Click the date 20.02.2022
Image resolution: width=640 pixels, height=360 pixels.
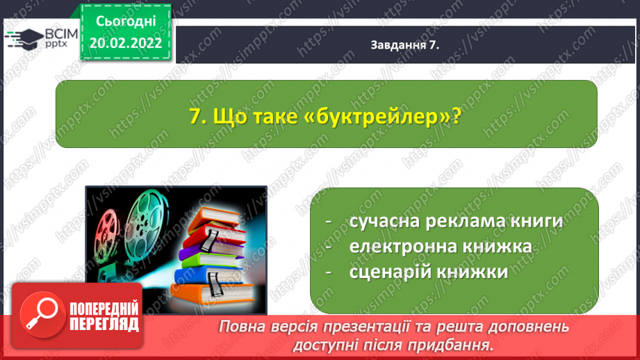coord(126,43)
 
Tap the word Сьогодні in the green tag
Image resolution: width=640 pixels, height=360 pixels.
coord(126,22)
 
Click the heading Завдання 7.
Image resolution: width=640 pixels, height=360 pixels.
coord(405,45)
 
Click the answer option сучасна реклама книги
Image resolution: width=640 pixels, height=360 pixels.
coord(457,221)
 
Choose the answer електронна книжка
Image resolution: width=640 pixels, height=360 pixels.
coord(441,247)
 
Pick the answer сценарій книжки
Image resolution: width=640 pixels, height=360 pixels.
coord(429,272)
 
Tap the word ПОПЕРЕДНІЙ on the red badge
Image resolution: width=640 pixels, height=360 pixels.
coord(104,309)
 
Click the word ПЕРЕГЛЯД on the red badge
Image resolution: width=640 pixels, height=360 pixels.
coord(104,325)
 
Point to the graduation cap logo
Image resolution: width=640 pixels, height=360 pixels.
coord(25,39)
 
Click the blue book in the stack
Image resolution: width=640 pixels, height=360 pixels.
coord(209,276)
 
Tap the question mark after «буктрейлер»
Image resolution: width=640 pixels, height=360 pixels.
coord(456,117)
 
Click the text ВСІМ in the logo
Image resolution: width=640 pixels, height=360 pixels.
coord(61,34)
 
